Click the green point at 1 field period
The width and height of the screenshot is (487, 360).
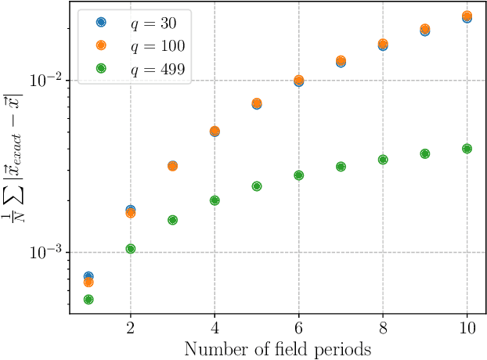(88, 300)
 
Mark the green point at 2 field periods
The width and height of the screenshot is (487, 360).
(131, 249)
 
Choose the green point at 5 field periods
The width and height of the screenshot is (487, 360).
(257, 186)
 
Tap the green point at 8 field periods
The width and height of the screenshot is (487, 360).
(383, 160)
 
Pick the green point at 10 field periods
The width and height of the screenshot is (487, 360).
(467, 148)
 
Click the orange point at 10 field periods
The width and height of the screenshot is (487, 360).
(467, 16)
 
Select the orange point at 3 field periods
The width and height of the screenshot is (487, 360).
(172, 166)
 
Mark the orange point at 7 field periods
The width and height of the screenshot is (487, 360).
(341, 60)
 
